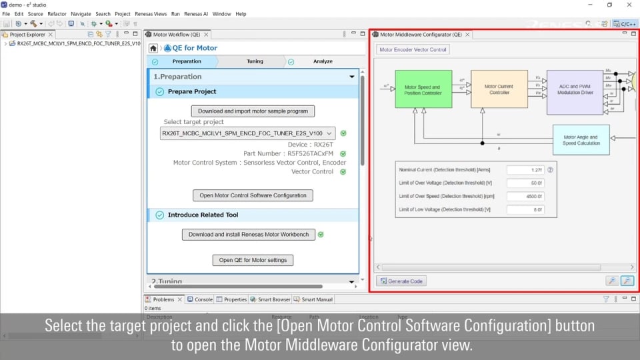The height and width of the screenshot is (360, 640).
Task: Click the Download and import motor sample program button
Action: (253, 111)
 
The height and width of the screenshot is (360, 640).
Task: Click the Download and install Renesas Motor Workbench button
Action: (249, 235)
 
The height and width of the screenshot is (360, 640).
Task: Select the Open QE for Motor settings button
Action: (253, 260)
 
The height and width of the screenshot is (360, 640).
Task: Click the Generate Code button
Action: (401, 281)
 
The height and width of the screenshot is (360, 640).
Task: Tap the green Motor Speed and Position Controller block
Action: (423, 89)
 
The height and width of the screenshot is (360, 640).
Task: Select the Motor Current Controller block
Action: (499, 89)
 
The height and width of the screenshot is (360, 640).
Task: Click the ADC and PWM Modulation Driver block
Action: (575, 89)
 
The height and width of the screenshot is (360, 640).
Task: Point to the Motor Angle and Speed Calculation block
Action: (581, 140)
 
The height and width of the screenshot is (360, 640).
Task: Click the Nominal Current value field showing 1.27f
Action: (525, 170)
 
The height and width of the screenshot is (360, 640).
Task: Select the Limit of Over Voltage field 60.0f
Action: (525, 183)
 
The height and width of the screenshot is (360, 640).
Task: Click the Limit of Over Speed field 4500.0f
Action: (525, 197)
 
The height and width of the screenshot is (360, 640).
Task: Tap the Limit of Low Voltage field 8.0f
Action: (525, 210)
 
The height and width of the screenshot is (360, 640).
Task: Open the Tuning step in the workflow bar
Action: (255, 61)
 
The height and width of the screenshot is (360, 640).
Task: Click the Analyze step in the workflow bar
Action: (323, 61)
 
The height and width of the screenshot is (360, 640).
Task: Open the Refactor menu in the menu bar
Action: (57, 13)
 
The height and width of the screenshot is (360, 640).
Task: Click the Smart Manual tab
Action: (317, 299)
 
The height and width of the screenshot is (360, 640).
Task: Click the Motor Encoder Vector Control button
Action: (413, 49)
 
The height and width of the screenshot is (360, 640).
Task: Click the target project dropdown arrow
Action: (330, 133)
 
